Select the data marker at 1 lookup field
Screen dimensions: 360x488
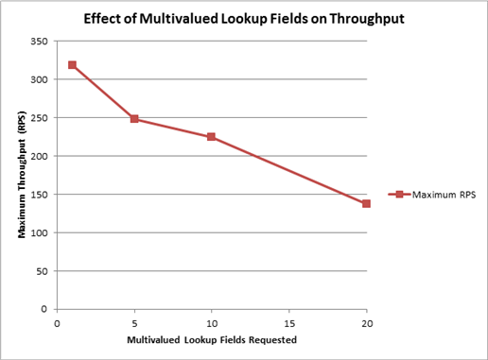pos(72,65)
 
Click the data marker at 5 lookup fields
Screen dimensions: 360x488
pos(134,119)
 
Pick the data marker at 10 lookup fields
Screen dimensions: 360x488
pos(212,137)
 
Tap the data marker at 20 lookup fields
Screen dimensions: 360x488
pos(366,203)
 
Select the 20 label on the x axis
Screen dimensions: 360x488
pos(366,322)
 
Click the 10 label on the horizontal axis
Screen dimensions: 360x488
pos(212,322)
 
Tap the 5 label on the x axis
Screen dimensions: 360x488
pos(134,322)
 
